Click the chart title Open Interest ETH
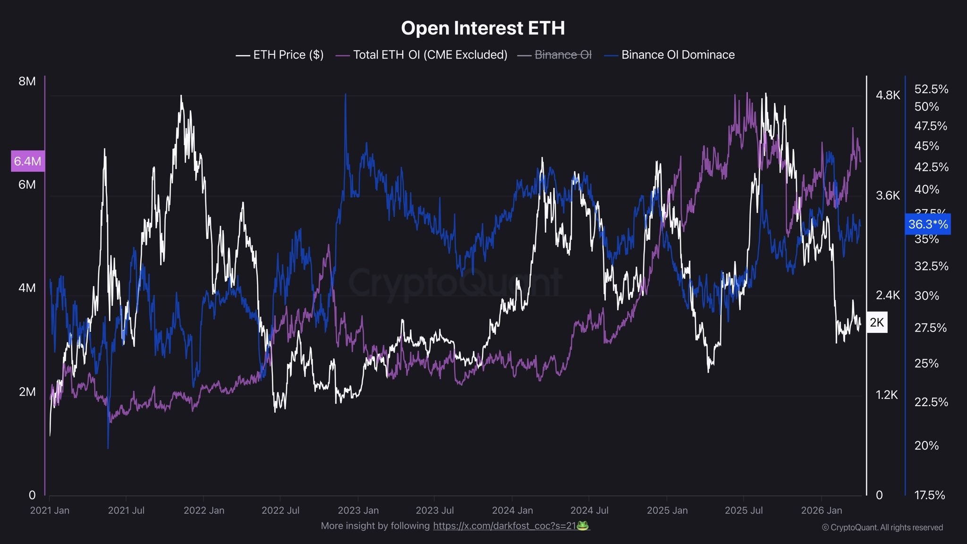pyautogui.click(x=483, y=28)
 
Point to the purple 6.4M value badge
pyautogui.click(x=27, y=161)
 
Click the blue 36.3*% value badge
pyautogui.click(x=927, y=224)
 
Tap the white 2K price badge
pyautogui.click(x=877, y=323)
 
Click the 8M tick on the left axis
pyautogui.click(x=27, y=81)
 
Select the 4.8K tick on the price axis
pyautogui.click(x=888, y=95)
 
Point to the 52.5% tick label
pyautogui.click(x=931, y=89)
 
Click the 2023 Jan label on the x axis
pyautogui.click(x=358, y=510)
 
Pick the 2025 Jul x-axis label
pyautogui.click(x=743, y=510)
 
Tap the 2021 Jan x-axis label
pyautogui.click(x=50, y=510)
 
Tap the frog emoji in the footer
pyautogui.click(x=583, y=526)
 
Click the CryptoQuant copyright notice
pyautogui.click(x=882, y=527)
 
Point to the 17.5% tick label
pyautogui.click(x=929, y=495)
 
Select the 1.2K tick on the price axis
pyautogui.click(x=886, y=395)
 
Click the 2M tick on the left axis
pyautogui.click(x=27, y=392)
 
